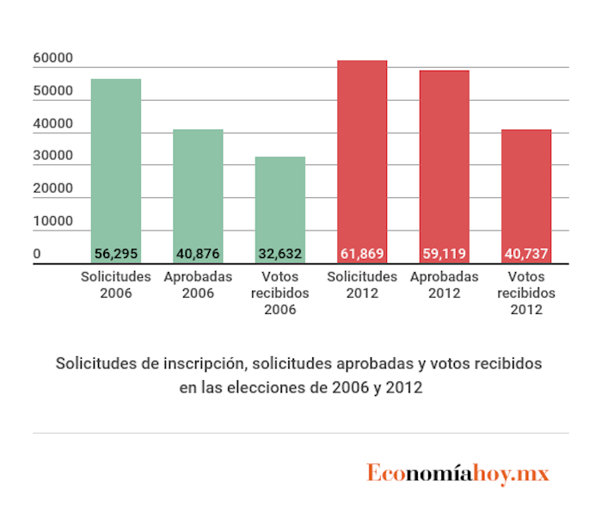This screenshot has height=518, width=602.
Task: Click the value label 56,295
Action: tap(116, 255)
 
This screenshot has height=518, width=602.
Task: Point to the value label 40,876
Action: tap(198, 255)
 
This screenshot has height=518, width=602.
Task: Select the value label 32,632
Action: tap(279, 255)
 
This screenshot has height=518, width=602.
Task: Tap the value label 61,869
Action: tap(362, 255)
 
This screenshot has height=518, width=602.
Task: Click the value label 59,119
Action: tap(444, 255)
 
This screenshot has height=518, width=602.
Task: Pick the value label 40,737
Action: tap(525, 255)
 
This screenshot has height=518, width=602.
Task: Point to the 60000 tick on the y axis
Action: tap(52, 59)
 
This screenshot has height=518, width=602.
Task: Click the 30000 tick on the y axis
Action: tap(52, 157)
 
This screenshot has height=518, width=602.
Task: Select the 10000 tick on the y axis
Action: tap(52, 222)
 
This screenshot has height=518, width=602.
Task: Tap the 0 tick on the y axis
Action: tap(37, 254)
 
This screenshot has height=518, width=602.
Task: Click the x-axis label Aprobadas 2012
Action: tap(444, 285)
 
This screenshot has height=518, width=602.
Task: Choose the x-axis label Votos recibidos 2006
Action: tap(279, 293)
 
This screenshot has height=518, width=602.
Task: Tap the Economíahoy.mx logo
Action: tap(458, 473)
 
